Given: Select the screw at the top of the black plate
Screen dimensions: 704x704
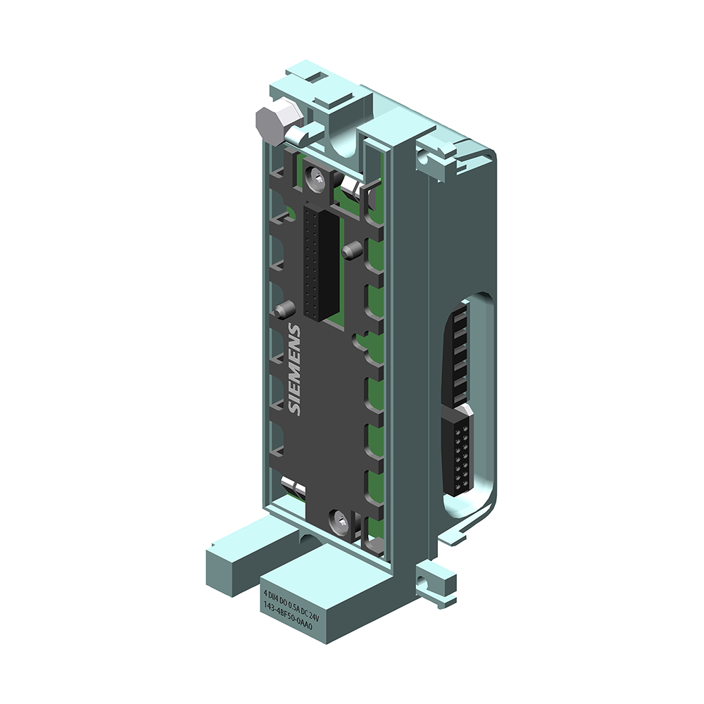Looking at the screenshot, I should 315,179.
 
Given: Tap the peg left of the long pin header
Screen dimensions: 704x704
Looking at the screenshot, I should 284,308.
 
